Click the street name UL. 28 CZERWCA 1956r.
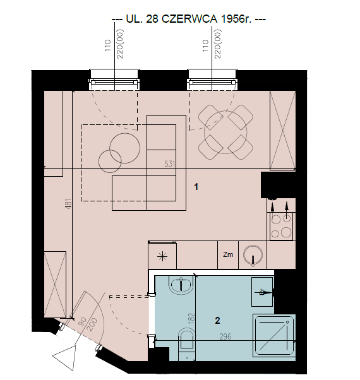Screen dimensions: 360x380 tap(188, 19)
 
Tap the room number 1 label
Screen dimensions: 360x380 tap(196, 187)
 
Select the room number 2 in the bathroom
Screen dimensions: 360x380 tap(217, 321)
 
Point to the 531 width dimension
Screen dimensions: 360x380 tap(169, 164)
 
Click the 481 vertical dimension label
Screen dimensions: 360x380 tap(69, 204)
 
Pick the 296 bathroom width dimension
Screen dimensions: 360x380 tap(225, 336)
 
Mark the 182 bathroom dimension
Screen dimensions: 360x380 tap(191, 318)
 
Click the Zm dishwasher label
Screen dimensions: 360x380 tap(228, 254)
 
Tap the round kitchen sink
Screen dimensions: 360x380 tap(253, 255)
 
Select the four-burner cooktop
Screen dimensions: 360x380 tap(281, 227)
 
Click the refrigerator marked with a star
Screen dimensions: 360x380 tap(162, 255)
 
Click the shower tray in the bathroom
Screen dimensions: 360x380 tap(274, 336)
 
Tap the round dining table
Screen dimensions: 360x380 tap(225, 133)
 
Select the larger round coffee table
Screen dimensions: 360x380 tap(125, 148)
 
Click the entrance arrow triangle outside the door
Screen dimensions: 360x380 tap(64, 357)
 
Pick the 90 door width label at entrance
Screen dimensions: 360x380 tap(83, 321)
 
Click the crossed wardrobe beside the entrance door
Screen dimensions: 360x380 tap(55, 285)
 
